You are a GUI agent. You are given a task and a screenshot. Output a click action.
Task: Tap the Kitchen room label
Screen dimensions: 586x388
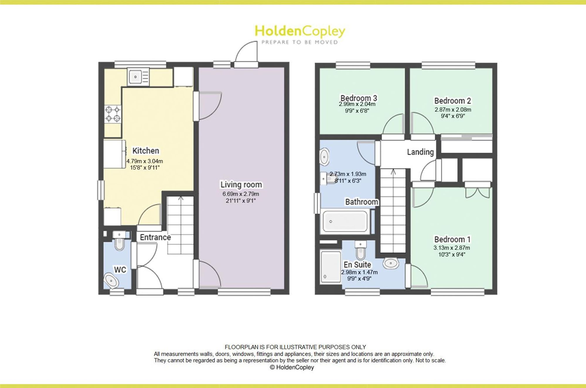point(146,151)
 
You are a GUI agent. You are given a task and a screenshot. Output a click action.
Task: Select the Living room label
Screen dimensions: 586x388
point(241,185)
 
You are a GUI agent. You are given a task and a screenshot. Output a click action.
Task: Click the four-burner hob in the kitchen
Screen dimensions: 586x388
point(113,114)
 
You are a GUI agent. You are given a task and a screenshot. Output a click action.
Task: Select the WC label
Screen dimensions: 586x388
point(120,270)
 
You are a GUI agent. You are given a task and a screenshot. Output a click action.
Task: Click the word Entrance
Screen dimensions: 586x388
point(155,237)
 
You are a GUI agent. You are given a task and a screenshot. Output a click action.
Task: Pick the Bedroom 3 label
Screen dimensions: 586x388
point(359,98)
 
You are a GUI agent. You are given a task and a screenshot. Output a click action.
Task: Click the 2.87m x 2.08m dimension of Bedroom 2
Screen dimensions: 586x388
point(453,110)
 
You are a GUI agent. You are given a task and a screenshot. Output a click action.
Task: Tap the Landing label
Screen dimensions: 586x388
point(420,152)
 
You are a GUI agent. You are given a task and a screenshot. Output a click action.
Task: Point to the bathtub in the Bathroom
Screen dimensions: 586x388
point(345,221)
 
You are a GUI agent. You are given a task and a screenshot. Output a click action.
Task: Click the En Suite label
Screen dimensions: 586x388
point(357,265)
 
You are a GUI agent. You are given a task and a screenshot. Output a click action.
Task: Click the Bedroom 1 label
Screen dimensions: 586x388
point(452,239)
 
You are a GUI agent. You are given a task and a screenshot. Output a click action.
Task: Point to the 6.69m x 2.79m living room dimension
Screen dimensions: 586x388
point(241,194)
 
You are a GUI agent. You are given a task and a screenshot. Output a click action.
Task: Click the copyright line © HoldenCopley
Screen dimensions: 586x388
point(292,367)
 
